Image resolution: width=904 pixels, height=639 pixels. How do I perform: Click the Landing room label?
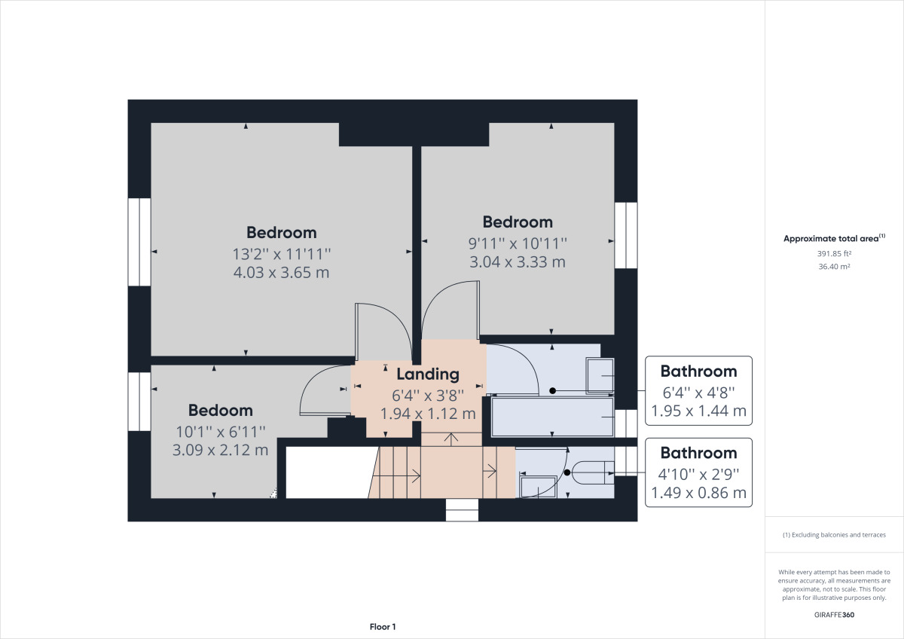click(x=428, y=375)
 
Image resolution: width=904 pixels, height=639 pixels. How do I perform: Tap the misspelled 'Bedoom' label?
click(x=220, y=411)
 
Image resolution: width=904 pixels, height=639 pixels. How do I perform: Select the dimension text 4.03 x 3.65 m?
click(x=281, y=273)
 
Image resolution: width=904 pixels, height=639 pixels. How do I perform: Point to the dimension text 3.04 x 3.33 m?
click(x=518, y=262)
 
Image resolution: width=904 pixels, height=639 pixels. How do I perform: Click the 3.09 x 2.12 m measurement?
click(x=220, y=450)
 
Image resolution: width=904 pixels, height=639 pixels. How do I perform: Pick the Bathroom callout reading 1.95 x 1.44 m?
click(x=698, y=391)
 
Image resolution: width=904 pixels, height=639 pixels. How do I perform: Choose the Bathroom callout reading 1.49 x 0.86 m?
click(x=698, y=472)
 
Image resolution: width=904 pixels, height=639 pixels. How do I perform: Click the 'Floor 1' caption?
click(x=383, y=627)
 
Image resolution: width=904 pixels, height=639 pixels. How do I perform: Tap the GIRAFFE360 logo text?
click(x=834, y=615)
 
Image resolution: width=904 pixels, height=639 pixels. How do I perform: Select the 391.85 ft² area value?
click(x=834, y=253)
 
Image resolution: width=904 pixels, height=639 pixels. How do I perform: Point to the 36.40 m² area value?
click(x=834, y=267)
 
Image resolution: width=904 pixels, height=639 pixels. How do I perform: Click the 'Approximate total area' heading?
click(x=834, y=238)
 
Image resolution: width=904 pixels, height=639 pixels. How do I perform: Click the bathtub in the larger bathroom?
click(x=552, y=417)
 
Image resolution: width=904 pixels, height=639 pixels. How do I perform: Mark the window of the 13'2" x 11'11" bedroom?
click(x=139, y=242)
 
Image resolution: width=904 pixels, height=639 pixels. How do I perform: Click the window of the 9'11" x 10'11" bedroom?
click(x=626, y=235)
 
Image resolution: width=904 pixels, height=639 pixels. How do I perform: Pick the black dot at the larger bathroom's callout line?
click(x=553, y=391)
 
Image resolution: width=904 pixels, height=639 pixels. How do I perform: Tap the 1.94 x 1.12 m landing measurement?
click(x=428, y=414)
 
